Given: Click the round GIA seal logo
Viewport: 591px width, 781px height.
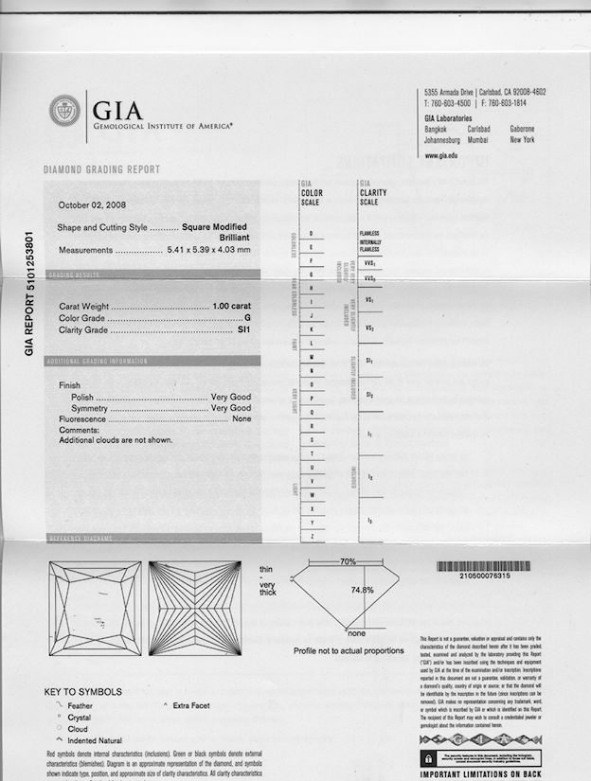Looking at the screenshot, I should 65,110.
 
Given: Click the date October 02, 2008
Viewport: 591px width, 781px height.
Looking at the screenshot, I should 92,204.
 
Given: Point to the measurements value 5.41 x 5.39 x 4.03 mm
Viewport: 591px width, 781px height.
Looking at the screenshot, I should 208,250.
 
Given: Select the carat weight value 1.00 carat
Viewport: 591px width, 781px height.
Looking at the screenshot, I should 231,307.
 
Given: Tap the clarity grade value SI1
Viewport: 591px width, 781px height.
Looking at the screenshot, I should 243,330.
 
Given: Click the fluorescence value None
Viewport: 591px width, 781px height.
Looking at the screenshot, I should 242,418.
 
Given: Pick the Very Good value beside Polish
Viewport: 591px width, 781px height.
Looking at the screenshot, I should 230,397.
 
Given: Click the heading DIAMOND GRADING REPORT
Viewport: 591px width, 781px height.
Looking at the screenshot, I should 102,169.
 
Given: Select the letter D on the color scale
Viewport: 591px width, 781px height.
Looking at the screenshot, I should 312,233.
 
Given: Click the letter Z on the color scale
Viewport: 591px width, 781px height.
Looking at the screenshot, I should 312,536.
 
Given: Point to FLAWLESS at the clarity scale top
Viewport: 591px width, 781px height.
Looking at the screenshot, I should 369,233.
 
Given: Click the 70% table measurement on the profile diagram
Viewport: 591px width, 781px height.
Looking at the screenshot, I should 348,561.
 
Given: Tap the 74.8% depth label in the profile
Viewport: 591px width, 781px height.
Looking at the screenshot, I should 362,589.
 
